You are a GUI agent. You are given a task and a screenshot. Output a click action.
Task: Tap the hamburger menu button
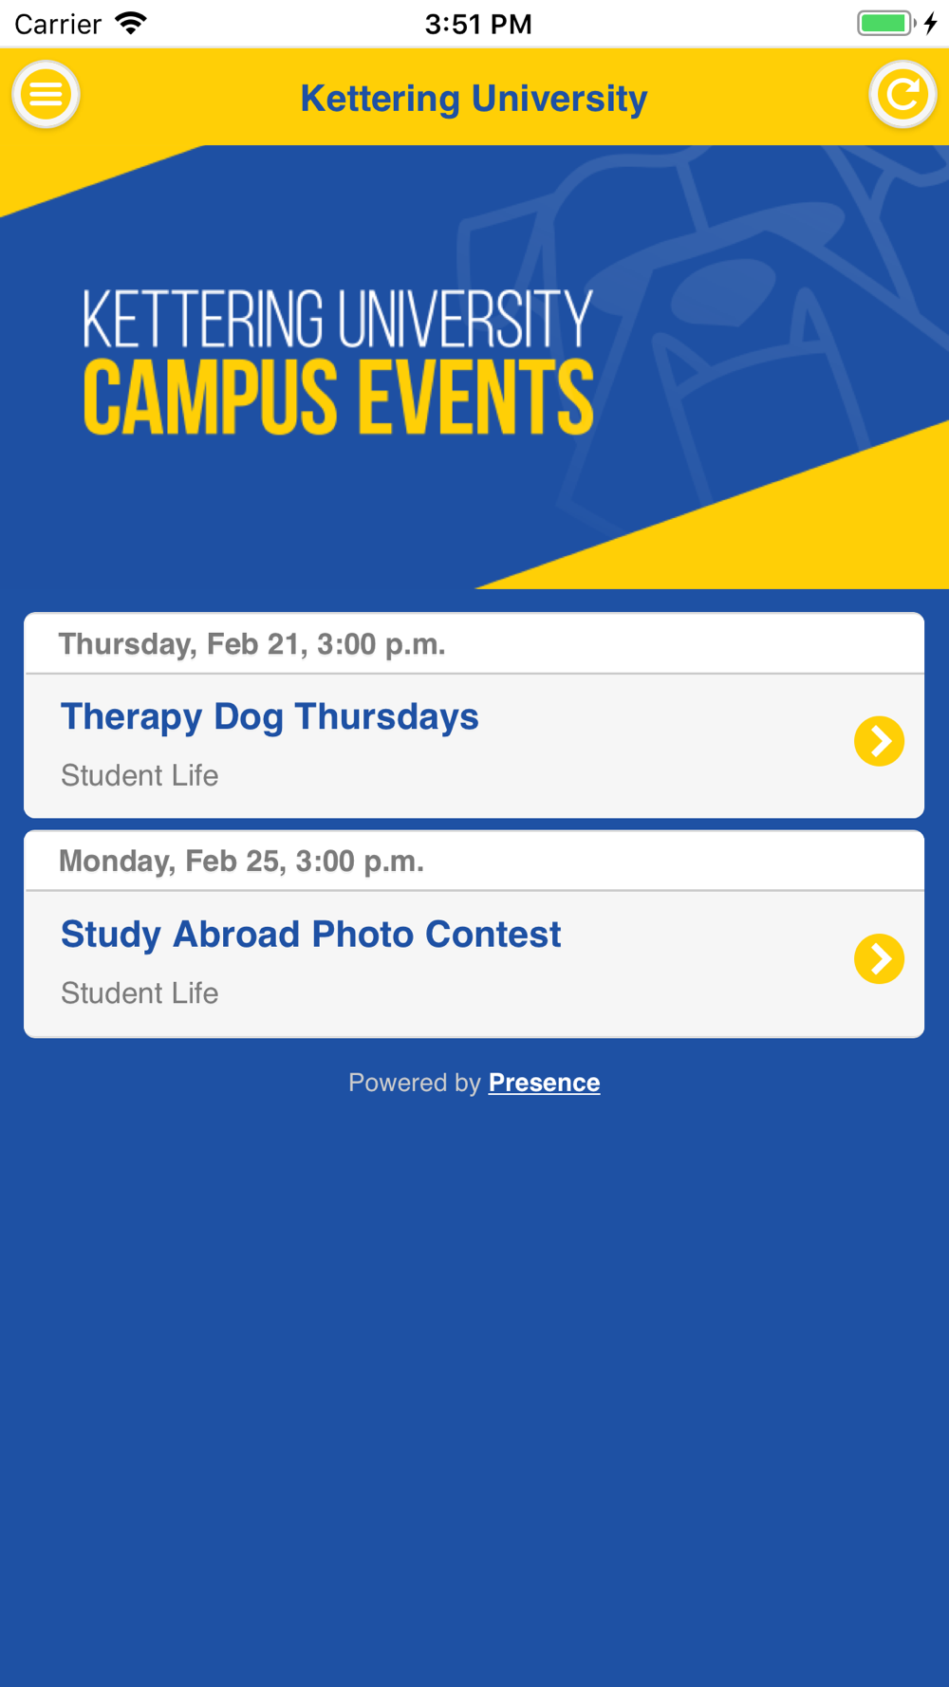pyautogui.click(x=46, y=95)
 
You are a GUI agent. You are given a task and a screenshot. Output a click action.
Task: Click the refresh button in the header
pyautogui.click(x=902, y=95)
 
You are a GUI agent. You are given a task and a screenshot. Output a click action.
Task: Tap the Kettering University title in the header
pyautogui.click(x=474, y=99)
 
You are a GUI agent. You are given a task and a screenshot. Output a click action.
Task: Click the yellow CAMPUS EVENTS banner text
pyautogui.click(x=339, y=398)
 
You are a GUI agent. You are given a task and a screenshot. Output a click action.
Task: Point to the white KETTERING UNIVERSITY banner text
pyautogui.click(x=338, y=319)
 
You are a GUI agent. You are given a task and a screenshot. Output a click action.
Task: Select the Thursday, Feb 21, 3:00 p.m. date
pyautogui.click(x=251, y=644)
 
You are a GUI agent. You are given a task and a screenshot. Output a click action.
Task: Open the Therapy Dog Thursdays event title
pyautogui.click(x=270, y=717)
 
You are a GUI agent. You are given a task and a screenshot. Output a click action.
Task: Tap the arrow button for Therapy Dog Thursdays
pyautogui.click(x=880, y=741)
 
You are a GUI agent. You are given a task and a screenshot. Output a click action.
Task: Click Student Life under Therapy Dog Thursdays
pyautogui.click(x=140, y=775)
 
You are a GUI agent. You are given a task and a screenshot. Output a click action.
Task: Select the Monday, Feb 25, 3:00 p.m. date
pyautogui.click(x=241, y=861)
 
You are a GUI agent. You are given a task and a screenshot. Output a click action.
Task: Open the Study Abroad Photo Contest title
pyautogui.click(x=311, y=935)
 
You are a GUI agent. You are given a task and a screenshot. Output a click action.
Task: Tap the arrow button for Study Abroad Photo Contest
pyautogui.click(x=880, y=959)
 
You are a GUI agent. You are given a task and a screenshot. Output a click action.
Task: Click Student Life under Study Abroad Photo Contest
pyautogui.click(x=140, y=992)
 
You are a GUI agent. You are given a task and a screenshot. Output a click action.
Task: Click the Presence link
pyautogui.click(x=544, y=1083)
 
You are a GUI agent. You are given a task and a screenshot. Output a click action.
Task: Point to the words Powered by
pyautogui.click(x=415, y=1083)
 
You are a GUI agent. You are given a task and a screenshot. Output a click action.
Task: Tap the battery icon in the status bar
pyautogui.click(x=886, y=23)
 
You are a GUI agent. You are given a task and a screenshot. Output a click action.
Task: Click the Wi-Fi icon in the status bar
pyautogui.click(x=131, y=23)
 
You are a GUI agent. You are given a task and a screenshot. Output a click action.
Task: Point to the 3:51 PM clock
pyautogui.click(x=478, y=24)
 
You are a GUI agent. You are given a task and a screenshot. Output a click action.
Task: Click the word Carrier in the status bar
pyautogui.click(x=58, y=24)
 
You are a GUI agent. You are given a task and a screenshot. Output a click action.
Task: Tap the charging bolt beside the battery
pyautogui.click(x=931, y=23)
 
